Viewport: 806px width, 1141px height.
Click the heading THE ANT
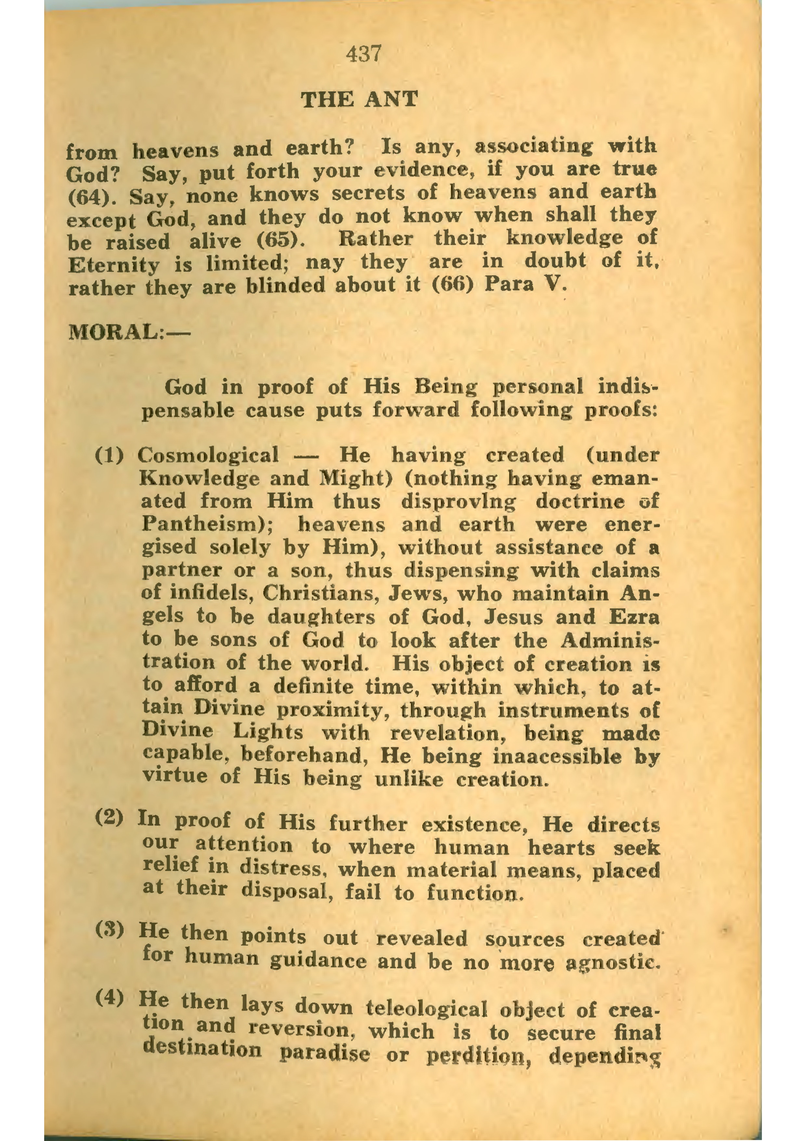click(360, 100)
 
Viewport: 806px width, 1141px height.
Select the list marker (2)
click(109, 817)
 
